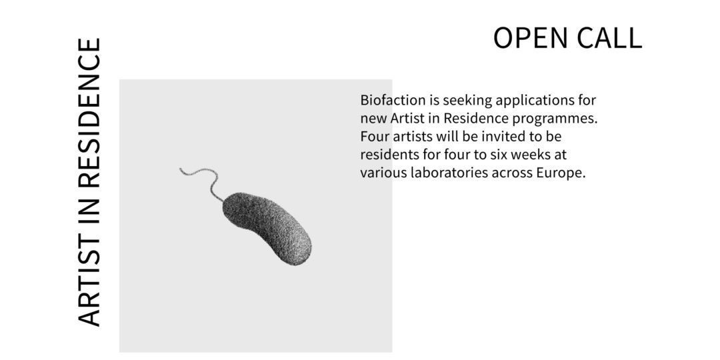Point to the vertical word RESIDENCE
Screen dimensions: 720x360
89,113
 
